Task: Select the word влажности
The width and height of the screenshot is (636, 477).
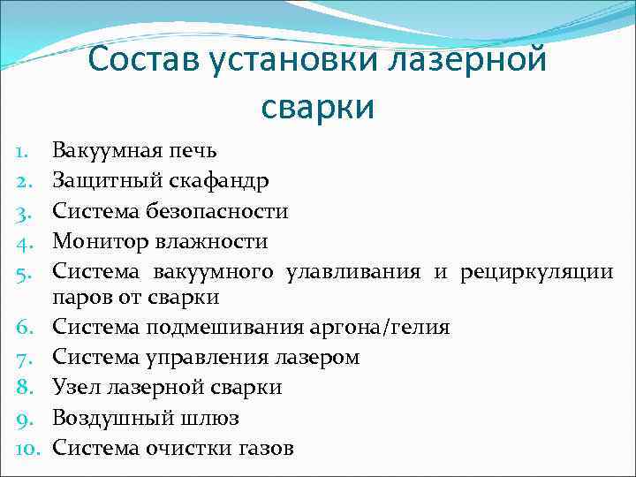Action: coord(208,241)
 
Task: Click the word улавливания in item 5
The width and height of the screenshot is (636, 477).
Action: coord(353,271)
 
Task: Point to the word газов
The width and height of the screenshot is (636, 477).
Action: coord(265,448)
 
